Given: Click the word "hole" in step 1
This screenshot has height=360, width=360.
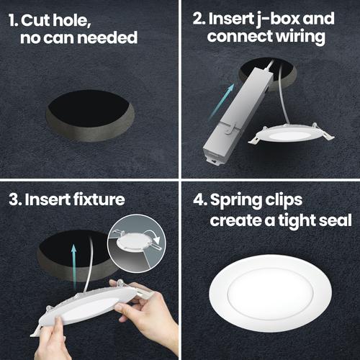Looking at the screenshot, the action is pyautogui.click(x=71, y=20).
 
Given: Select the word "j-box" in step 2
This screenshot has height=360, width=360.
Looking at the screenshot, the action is pyautogui.click(x=276, y=19).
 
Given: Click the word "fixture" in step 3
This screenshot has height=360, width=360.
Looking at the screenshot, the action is pyautogui.click(x=99, y=199).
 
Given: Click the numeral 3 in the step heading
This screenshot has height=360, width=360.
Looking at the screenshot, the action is pyautogui.click(x=13, y=199).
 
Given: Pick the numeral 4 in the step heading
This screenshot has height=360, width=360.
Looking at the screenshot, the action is pyautogui.click(x=199, y=199).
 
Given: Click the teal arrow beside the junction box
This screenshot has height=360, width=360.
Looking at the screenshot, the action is pyautogui.click(x=221, y=102).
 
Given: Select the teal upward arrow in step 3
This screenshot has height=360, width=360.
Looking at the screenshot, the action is pyautogui.click(x=74, y=266).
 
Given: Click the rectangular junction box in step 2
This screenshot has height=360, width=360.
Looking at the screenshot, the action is pyautogui.click(x=238, y=116).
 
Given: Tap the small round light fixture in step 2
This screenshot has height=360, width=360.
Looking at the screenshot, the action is pyautogui.click(x=291, y=135).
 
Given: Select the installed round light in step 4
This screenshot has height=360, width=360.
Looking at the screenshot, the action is pyautogui.click(x=271, y=294).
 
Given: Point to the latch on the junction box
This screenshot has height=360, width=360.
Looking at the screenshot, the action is pyautogui.click(x=229, y=127).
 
